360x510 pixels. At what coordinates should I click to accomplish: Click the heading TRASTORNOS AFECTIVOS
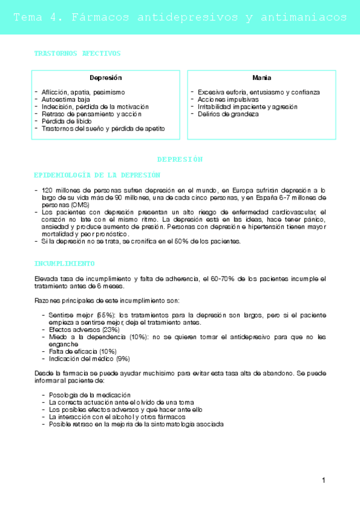click(78, 54)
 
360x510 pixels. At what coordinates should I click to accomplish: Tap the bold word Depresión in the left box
click(106, 78)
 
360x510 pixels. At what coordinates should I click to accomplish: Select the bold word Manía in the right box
click(261, 78)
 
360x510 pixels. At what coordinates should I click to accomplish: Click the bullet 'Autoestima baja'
click(66, 99)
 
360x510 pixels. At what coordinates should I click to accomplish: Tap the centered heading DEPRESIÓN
click(180, 159)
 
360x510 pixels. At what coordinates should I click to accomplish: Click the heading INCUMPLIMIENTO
click(65, 263)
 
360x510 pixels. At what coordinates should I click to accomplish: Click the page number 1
click(323, 480)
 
